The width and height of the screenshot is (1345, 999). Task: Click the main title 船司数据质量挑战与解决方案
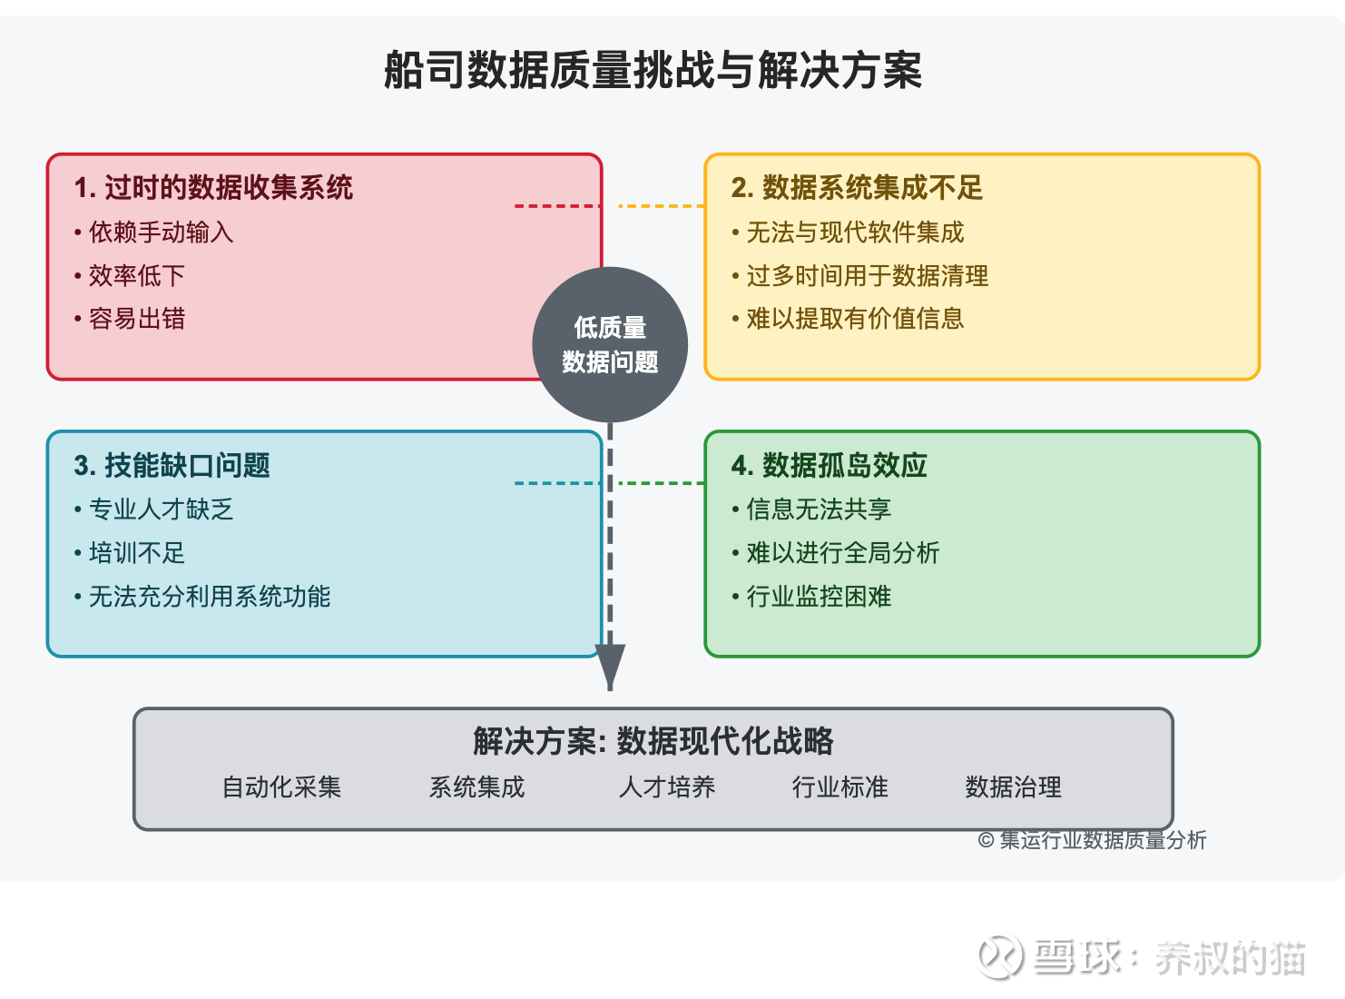[653, 70]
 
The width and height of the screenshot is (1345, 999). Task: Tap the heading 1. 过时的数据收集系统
[213, 187]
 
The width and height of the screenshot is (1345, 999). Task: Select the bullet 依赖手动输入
[154, 232]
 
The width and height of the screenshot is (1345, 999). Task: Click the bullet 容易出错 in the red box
[130, 319]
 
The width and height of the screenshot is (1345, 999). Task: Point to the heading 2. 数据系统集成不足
[857, 187]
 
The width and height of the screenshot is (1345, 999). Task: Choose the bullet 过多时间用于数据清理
[859, 275]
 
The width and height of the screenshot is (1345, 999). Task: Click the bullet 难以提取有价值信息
[848, 319]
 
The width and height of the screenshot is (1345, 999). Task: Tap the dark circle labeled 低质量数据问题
[610, 345]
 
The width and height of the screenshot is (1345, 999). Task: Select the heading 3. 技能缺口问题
[172, 466]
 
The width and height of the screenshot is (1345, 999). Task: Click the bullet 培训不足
[130, 553]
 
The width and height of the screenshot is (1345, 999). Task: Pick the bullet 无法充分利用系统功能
[202, 597]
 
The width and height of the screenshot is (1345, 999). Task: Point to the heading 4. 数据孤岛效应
[829, 466]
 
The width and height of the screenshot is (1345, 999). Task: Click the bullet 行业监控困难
[811, 597]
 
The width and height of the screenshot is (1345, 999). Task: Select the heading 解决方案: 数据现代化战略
[653, 741]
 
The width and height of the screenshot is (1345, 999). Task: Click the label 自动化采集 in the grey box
[282, 787]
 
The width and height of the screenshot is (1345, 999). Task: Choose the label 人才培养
[667, 787]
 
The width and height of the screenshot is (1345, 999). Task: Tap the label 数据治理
[1014, 787]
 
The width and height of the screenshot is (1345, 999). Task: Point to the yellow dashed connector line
[662, 206]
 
